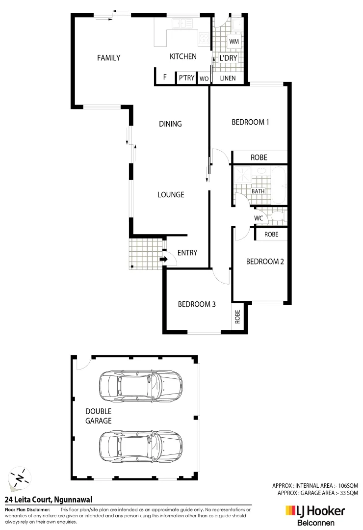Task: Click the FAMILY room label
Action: click(108, 58)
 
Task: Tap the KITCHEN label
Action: click(183, 57)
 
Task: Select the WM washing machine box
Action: click(233, 42)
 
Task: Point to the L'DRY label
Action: click(228, 58)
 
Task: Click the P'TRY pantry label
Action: click(186, 78)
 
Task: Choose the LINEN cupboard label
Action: click(228, 78)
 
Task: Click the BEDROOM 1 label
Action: click(250, 122)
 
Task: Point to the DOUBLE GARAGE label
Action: click(98, 416)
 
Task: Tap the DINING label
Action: click(170, 124)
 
